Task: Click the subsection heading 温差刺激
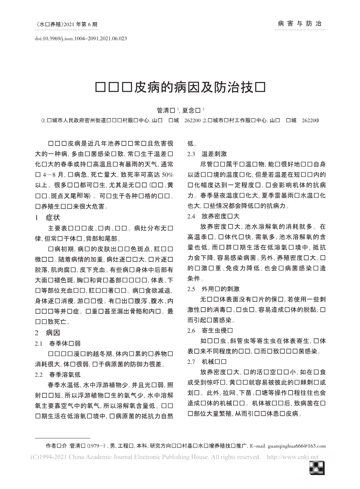tap(214, 154)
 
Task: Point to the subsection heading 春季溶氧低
tap(65, 374)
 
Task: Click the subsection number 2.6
tap(192, 330)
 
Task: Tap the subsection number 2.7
tap(192, 362)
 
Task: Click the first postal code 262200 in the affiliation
tap(193, 119)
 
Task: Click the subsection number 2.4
tap(192, 216)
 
